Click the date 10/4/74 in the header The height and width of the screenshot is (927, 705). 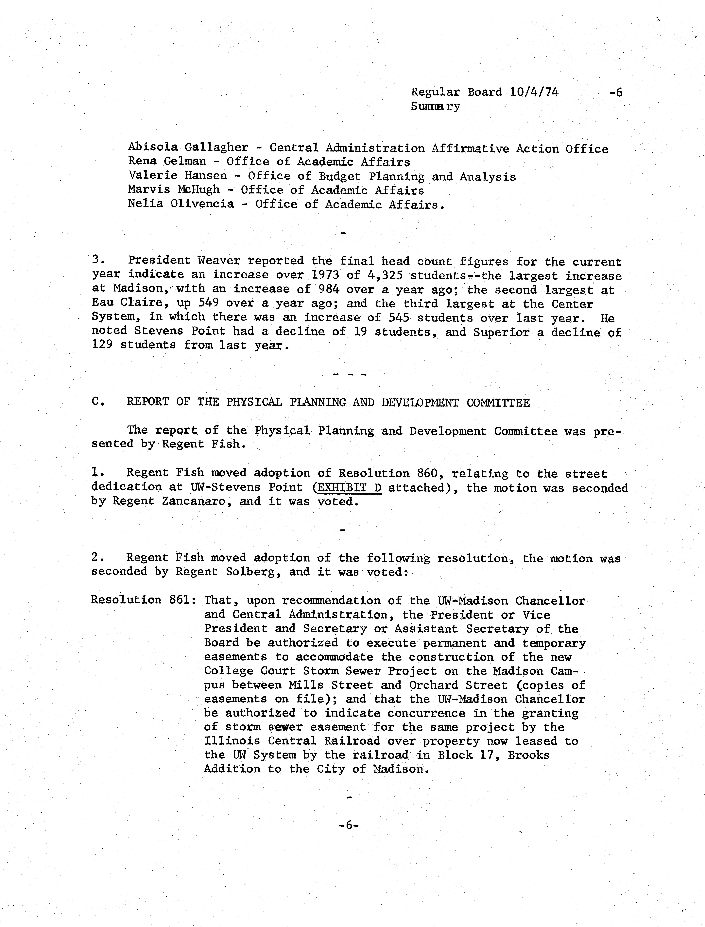pos(534,92)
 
